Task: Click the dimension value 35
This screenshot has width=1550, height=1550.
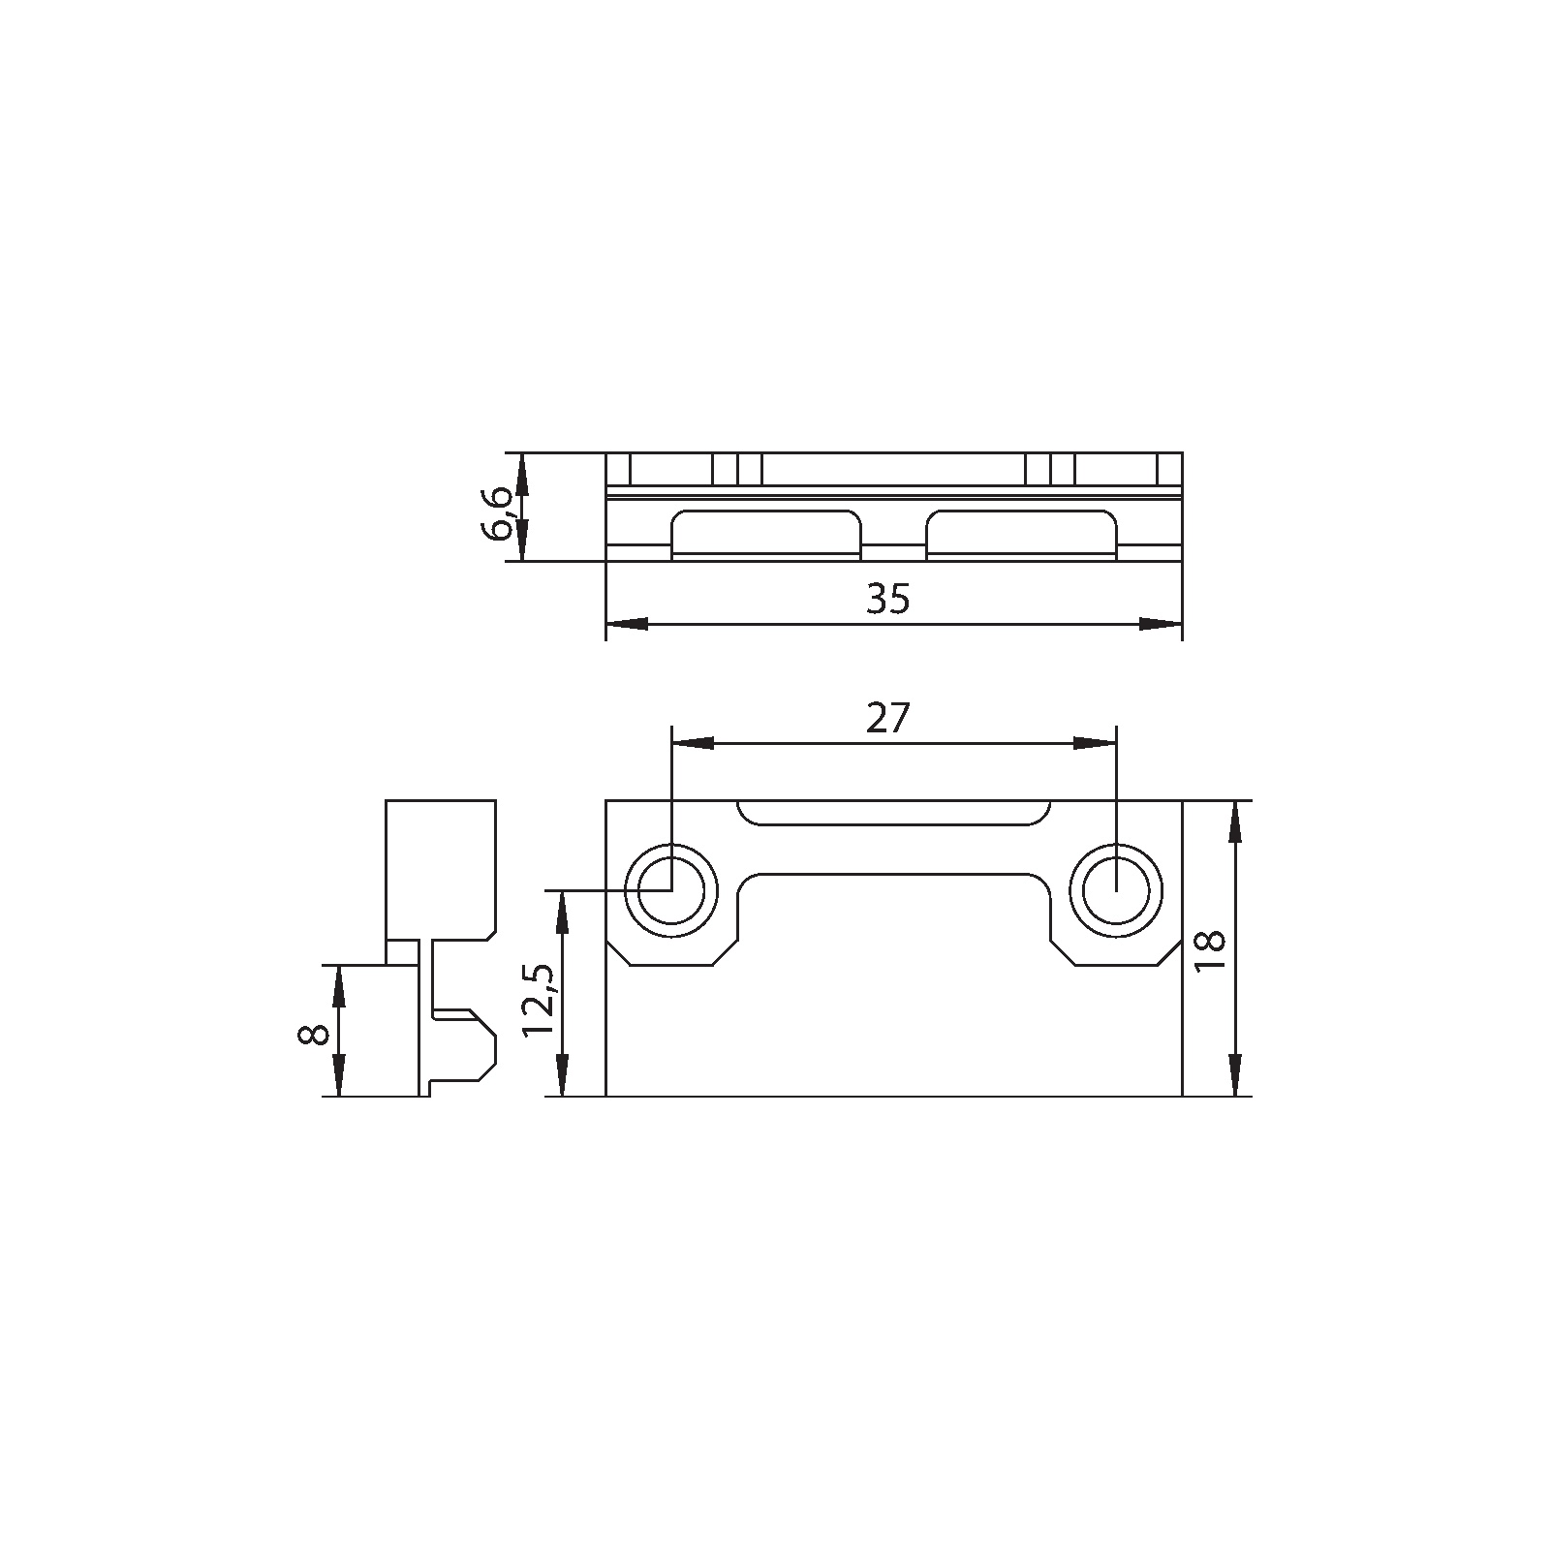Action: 888,600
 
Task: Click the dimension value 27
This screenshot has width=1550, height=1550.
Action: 888,719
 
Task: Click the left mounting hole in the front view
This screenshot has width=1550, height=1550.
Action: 670,890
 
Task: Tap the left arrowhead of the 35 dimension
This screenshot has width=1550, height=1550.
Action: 627,624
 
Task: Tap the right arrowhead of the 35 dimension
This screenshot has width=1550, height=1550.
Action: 1161,624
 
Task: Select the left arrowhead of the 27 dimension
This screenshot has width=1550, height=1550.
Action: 693,743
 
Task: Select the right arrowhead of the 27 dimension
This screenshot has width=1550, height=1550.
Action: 1095,743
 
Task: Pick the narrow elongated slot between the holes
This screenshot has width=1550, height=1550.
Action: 892,813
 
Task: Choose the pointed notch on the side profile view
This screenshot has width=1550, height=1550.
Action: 484,1046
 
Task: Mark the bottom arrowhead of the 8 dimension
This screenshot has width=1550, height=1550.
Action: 339,1076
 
